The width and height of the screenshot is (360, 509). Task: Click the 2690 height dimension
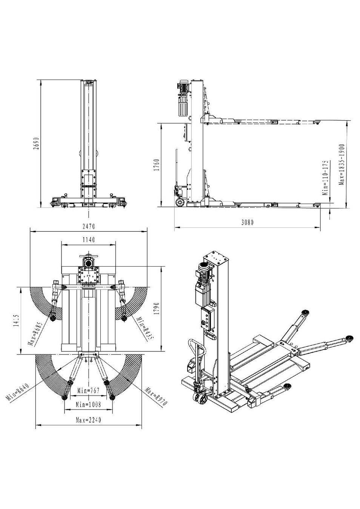click(x=36, y=143)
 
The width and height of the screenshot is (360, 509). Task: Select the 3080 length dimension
click(x=247, y=222)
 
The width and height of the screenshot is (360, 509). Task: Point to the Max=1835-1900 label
click(x=341, y=165)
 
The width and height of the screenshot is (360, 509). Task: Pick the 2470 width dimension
click(x=88, y=227)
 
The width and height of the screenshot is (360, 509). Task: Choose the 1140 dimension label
click(x=89, y=239)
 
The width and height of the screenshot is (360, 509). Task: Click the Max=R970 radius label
click(x=155, y=396)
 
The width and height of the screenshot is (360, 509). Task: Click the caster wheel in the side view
click(x=180, y=202)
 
